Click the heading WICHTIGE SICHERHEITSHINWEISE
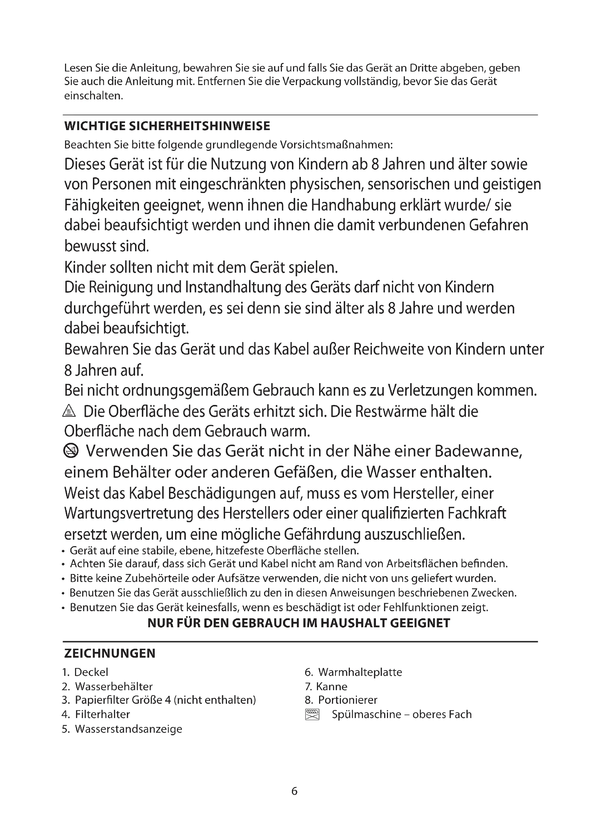167,126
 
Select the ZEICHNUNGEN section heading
110,653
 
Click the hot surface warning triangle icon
69,411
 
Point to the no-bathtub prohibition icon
71,451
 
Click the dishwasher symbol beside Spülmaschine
312,714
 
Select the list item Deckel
91,672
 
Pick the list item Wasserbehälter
114,686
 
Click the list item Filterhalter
102,714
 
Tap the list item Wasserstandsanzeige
129,729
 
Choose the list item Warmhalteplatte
360,672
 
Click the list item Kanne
332,686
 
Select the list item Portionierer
348,700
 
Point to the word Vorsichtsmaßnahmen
336,145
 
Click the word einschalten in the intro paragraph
93,96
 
